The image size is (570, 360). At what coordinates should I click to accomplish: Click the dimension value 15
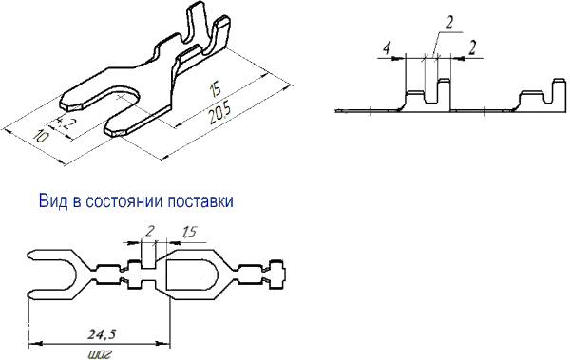(215, 90)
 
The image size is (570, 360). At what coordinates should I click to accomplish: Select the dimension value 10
(41, 137)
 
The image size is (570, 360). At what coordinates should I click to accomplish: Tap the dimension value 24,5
(102, 334)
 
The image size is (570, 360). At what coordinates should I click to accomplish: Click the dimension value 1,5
(189, 232)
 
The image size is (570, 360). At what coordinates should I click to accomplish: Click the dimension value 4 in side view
(388, 48)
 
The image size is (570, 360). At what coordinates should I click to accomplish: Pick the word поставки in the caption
(200, 201)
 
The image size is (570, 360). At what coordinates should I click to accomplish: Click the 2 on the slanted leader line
(449, 24)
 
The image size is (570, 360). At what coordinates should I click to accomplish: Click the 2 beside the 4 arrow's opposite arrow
(472, 48)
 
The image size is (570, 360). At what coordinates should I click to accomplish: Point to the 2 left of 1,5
(150, 231)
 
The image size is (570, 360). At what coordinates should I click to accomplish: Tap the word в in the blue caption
(77, 202)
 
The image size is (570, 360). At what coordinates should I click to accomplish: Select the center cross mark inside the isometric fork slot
(121, 97)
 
